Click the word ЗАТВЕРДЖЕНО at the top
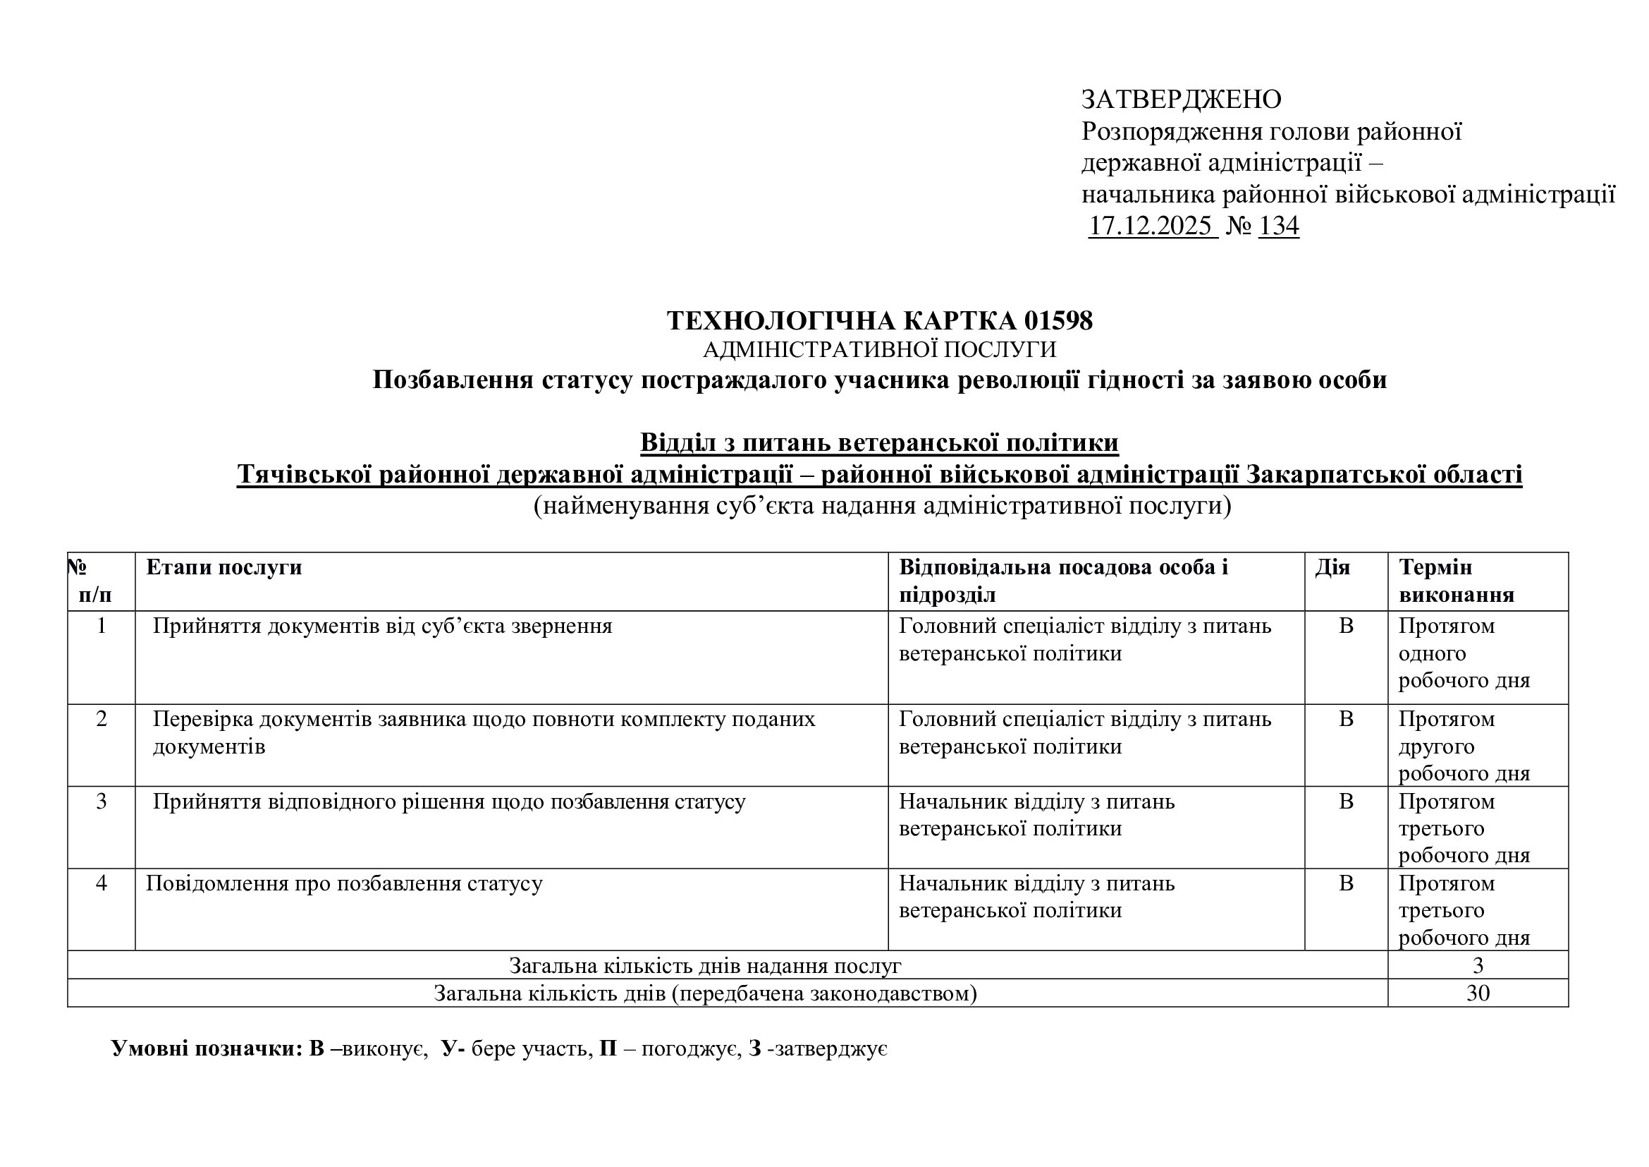pos(1181,99)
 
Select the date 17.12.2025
pos(1152,226)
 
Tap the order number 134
pos(1278,226)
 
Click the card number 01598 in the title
pos(1059,320)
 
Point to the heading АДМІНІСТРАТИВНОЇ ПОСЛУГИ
pos(879,350)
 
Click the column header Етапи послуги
pos(224,567)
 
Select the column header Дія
pos(1332,567)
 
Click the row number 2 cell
pos(102,718)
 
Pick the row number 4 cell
pos(102,883)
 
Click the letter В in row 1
pos(1346,626)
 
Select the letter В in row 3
pos(1346,802)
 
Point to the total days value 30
pos(1478,993)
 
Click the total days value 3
pos(1478,965)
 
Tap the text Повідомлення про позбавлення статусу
pos(344,883)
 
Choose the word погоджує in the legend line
pos(681,1049)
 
